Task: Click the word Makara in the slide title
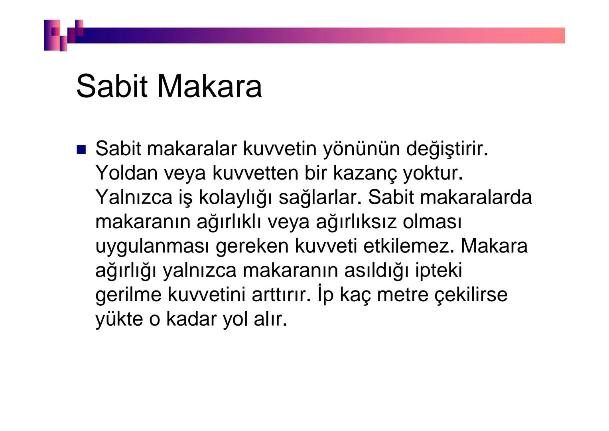point(209,86)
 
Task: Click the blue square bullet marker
point(81,150)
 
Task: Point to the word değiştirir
point(447,149)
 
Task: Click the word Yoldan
point(126,173)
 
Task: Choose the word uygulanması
point(152,247)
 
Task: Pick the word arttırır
point(281,295)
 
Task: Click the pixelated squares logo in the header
point(64,35)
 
